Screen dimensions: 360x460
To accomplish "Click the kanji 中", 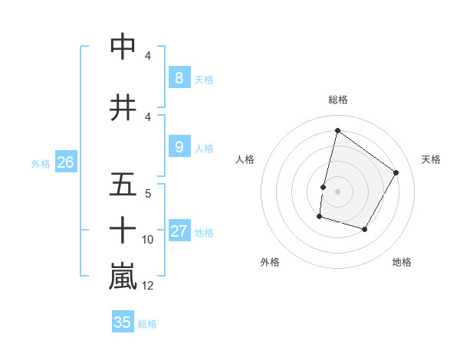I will tap(123, 47).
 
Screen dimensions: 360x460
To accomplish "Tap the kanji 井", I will tap(123, 108).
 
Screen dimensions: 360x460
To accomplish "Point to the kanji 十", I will tap(123, 230).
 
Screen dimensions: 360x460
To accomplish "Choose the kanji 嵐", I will tap(123, 277).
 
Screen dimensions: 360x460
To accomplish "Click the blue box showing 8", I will tap(179, 78).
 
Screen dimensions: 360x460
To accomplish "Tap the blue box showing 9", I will tap(179, 147).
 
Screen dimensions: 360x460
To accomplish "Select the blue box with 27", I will tap(179, 231).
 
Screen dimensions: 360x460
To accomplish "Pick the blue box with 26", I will tap(66, 162).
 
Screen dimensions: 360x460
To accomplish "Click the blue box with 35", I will tap(123, 322).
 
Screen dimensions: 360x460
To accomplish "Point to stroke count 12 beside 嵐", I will tap(148, 286).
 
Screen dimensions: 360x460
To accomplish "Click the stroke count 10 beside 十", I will tap(148, 240).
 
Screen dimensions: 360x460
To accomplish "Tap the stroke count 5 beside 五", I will tap(148, 194).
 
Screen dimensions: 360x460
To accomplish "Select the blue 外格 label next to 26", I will tap(41, 163).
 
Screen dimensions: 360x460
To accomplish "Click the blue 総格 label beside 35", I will tap(147, 324).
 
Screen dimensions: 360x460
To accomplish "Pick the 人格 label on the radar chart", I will tap(245, 159).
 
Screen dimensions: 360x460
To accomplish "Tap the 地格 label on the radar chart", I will tap(402, 262).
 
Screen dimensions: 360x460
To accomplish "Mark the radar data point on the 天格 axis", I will tap(396, 172).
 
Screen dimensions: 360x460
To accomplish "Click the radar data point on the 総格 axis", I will tap(337, 131).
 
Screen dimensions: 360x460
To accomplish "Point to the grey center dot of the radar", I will tap(337, 191).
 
